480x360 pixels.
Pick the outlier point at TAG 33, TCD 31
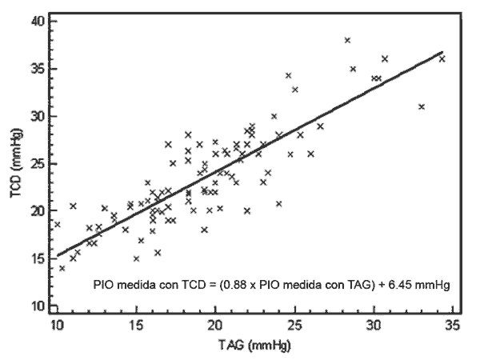pyautogui.click(x=422, y=106)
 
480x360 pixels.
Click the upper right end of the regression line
pyautogui.click(x=442, y=52)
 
